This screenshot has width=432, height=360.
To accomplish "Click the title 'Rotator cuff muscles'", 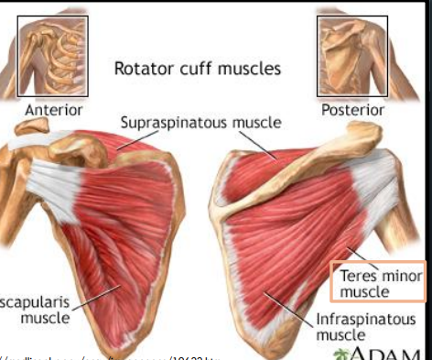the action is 197,68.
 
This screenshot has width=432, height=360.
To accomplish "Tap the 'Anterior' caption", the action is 55,109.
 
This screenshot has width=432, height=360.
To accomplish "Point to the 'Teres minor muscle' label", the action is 376,283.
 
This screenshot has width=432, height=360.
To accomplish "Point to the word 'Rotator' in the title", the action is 140,68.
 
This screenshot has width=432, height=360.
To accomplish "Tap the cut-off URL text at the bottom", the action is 110,356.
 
